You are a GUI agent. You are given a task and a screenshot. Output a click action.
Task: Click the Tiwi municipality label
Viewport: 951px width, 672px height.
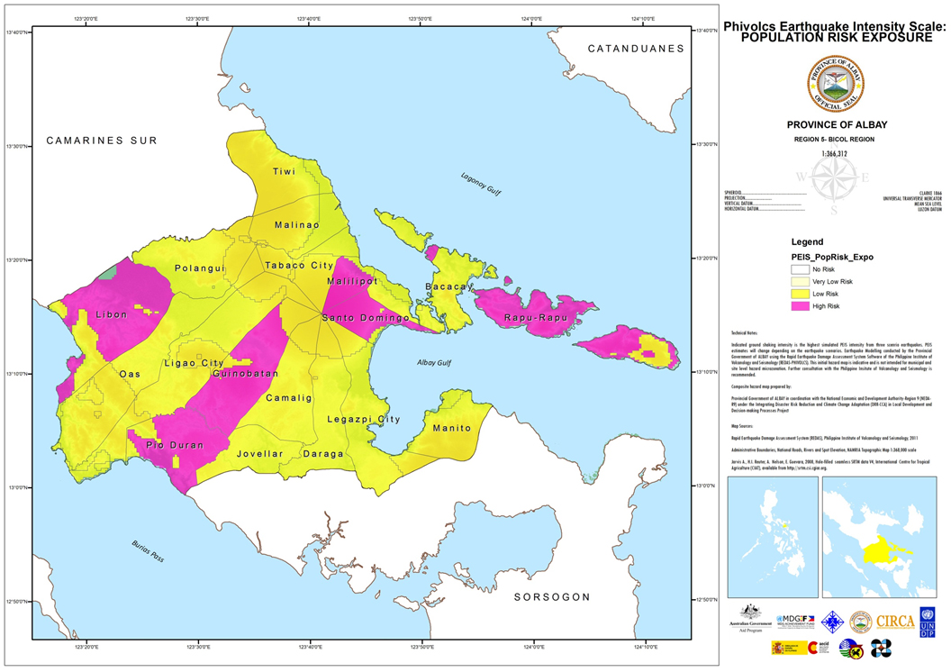tap(285, 171)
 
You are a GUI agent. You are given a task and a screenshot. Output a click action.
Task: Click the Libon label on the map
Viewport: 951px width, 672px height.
tap(112, 315)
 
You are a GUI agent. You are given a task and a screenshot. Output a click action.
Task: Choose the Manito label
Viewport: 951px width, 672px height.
tap(452, 428)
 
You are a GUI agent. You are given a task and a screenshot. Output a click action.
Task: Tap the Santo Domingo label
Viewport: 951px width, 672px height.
tap(367, 319)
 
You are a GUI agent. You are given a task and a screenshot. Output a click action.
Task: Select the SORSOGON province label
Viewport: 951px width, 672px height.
tap(552, 597)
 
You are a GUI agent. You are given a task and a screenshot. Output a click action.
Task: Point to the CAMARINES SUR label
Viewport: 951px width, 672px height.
tap(102, 141)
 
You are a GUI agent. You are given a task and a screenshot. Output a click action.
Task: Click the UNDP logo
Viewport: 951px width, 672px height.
tap(927, 622)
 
